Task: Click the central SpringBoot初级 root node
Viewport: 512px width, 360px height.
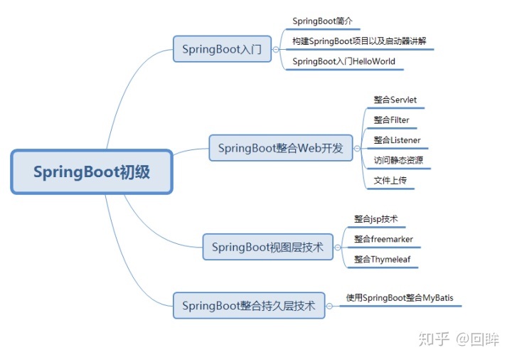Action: tap(92, 171)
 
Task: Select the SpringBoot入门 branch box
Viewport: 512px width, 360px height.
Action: tap(222, 50)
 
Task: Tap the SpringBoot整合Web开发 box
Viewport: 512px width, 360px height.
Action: tap(280, 149)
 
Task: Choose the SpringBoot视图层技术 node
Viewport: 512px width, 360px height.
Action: tap(267, 248)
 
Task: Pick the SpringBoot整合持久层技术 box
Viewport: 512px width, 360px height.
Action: tap(248, 306)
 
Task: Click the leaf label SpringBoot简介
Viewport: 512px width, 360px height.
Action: tap(323, 22)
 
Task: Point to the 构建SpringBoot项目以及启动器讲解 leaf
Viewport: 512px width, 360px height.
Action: tap(359, 41)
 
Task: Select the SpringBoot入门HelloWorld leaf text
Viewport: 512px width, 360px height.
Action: tap(343, 61)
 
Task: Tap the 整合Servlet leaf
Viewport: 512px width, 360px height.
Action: tap(395, 100)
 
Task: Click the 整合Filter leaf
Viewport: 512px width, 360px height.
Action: tap(391, 120)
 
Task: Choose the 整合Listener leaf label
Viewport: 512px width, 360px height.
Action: tap(397, 140)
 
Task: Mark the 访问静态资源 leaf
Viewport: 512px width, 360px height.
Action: tap(398, 160)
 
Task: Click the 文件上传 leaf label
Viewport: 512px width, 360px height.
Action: tap(390, 180)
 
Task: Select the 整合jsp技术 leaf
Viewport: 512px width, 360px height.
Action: tap(376, 219)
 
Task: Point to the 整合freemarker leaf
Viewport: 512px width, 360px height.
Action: tap(383, 239)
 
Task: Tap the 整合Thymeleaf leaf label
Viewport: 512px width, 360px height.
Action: tap(383, 259)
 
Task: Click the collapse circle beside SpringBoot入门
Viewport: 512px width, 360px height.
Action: tap(276, 50)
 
